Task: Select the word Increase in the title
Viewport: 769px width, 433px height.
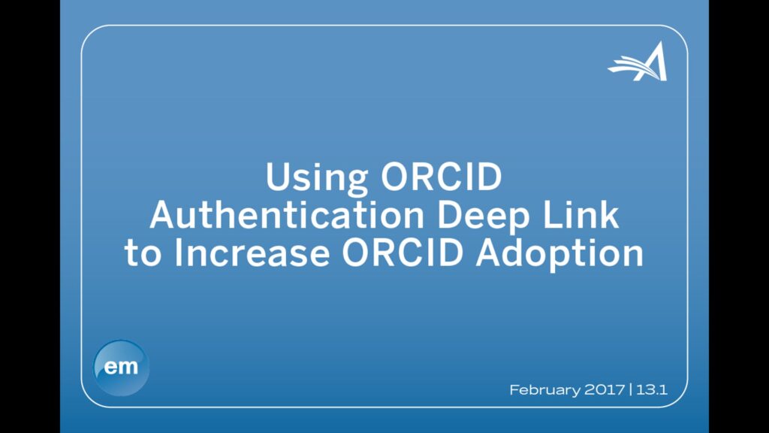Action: coord(252,253)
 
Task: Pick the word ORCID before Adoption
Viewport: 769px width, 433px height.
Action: coord(403,253)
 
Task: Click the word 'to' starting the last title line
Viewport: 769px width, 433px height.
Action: coord(143,254)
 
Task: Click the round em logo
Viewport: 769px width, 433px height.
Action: coord(121,368)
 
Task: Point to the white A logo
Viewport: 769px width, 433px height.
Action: coord(638,62)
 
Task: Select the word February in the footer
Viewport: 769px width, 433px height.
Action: coord(544,390)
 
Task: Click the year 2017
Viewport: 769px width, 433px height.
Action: coord(605,390)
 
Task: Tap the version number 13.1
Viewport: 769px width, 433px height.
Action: coord(652,390)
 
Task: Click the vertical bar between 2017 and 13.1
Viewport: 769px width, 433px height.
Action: coord(631,390)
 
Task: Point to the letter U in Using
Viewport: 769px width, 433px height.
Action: coord(278,177)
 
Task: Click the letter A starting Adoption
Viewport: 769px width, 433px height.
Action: coord(490,253)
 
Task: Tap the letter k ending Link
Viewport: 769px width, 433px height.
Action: coord(609,214)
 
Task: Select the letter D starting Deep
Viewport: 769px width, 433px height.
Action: coord(450,215)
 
